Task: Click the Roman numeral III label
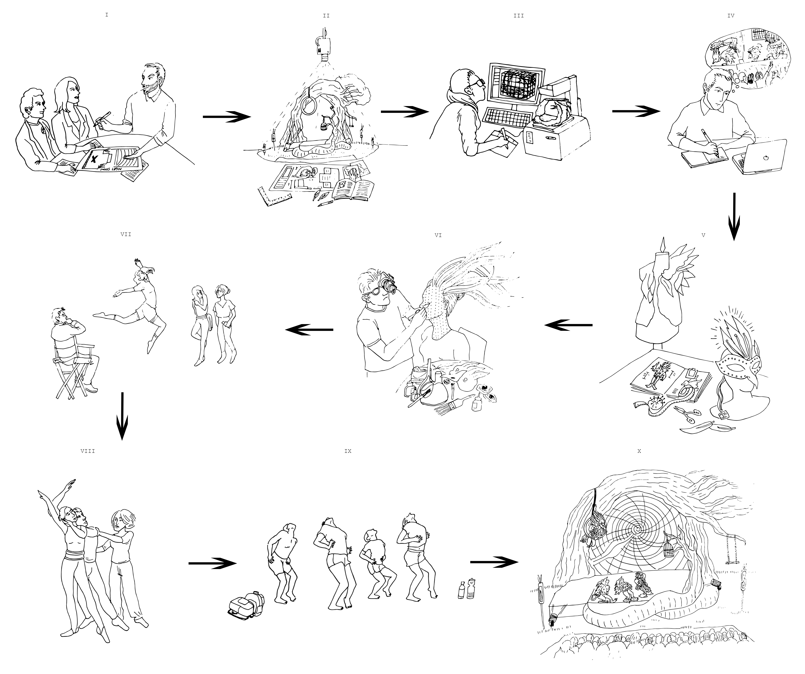(x=518, y=16)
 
